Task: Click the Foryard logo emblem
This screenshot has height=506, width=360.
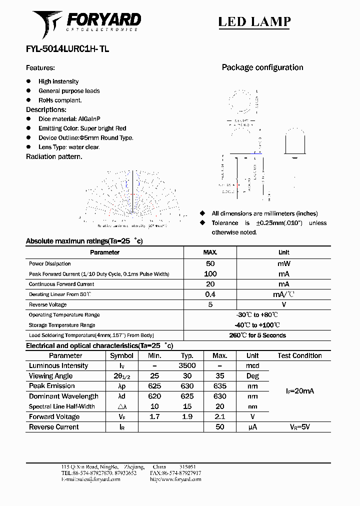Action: pos(47,23)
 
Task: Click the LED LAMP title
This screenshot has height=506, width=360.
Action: pos(254,22)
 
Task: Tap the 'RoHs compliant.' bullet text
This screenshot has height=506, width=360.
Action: pos(60,100)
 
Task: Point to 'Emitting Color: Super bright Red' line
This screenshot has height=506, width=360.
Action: pos(82,128)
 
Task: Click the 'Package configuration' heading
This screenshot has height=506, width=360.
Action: pos(262,67)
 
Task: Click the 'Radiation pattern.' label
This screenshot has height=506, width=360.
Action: pos(54,156)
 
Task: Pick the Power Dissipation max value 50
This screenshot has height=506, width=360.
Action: pos(210,263)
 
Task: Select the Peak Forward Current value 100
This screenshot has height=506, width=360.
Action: pos(210,274)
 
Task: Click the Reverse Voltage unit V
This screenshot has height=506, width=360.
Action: pos(283,304)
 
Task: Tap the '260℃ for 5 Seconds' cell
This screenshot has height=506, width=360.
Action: pos(257,335)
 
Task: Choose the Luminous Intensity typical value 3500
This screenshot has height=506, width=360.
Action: pos(187,365)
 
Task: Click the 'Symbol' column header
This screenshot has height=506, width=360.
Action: pos(121,355)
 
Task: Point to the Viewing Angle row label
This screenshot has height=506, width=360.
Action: pos(50,376)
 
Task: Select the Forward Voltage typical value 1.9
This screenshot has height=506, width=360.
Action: pos(187,416)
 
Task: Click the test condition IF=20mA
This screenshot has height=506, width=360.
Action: pos(299,391)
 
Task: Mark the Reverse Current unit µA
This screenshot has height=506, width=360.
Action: pos(252,427)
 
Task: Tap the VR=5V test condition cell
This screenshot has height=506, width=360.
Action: pos(299,427)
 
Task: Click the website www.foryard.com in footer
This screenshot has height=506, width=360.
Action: pos(175,479)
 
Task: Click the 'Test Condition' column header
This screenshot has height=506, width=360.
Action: pos(299,355)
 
